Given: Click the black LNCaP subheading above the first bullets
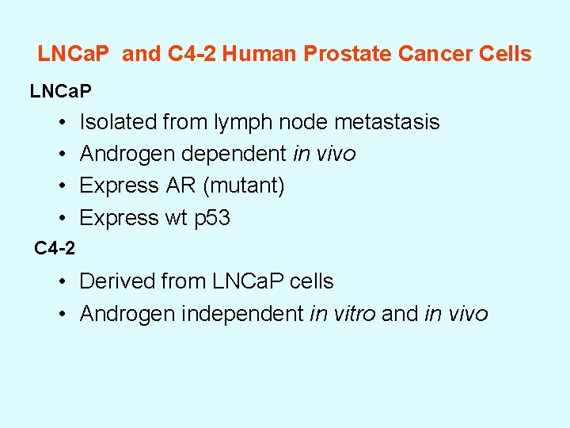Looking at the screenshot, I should click(61, 92).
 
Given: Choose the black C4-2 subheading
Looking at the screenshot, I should click(55, 249).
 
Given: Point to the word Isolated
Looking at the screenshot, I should click(118, 122).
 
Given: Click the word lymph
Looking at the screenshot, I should click(238, 123).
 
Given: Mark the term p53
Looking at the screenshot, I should click(212, 218).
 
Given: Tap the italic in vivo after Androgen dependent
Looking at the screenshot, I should click(324, 154).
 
